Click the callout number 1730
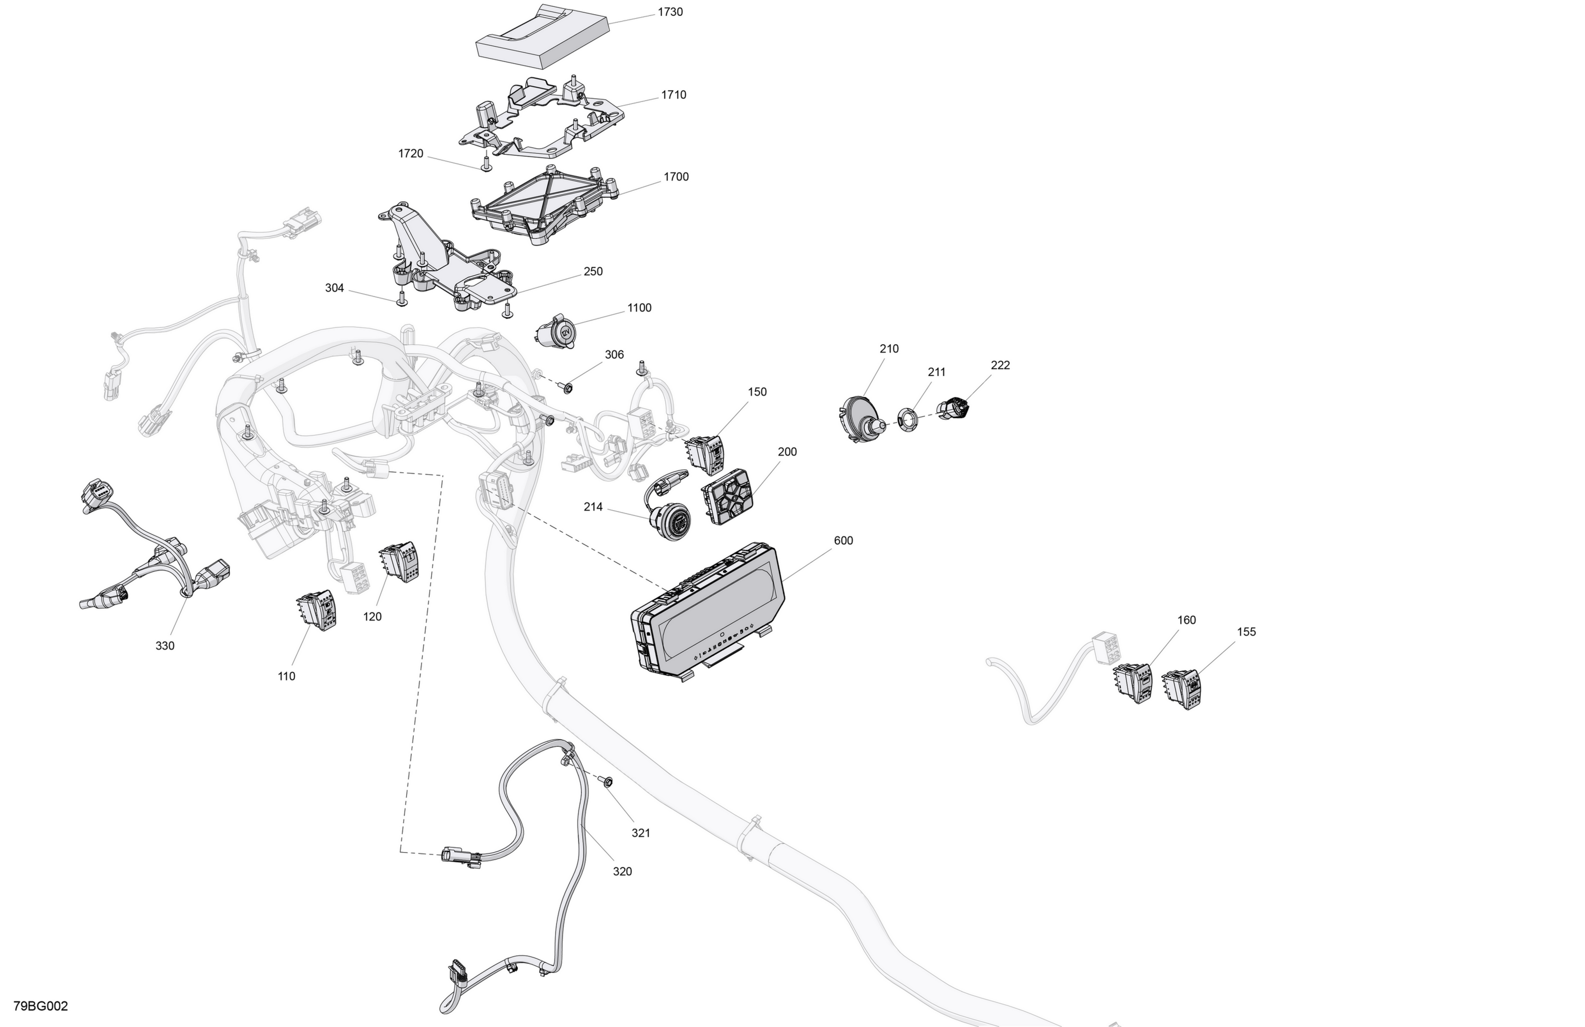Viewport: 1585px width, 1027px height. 670,12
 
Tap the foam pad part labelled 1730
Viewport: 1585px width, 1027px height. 543,35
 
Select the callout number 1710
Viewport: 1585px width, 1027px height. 673,95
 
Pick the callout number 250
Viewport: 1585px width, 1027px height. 593,271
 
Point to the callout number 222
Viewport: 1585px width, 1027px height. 1000,365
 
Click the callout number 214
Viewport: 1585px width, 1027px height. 593,507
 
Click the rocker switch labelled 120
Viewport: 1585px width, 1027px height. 399,562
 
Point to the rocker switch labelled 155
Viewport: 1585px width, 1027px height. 1182,690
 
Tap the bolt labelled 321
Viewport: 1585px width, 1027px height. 606,781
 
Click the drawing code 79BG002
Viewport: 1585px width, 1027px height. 41,1006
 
